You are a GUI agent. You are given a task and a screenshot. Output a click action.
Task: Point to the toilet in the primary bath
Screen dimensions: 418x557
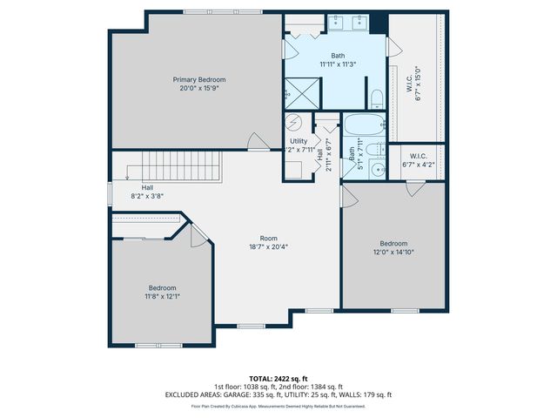click(x=375, y=96)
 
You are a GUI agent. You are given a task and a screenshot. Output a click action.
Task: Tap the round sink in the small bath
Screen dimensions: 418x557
click(x=380, y=170)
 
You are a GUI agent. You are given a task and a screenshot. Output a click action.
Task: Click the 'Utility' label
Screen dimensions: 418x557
click(x=299, y=141)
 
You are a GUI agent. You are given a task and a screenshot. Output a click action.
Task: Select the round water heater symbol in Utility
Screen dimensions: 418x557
click(x=294, y=123)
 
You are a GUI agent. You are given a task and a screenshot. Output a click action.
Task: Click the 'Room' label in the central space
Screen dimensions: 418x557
click(x=269, y=238)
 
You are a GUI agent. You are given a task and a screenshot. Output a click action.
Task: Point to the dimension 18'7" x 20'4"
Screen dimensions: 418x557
click(x=269, y=246)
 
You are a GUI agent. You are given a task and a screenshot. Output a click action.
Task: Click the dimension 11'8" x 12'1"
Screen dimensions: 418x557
click(x=162, y=296)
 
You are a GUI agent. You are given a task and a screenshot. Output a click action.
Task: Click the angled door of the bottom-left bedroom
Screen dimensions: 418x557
click(x=198, y=233)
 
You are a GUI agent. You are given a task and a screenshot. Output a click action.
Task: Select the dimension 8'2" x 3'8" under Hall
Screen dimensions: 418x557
click(x=147, y=196)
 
